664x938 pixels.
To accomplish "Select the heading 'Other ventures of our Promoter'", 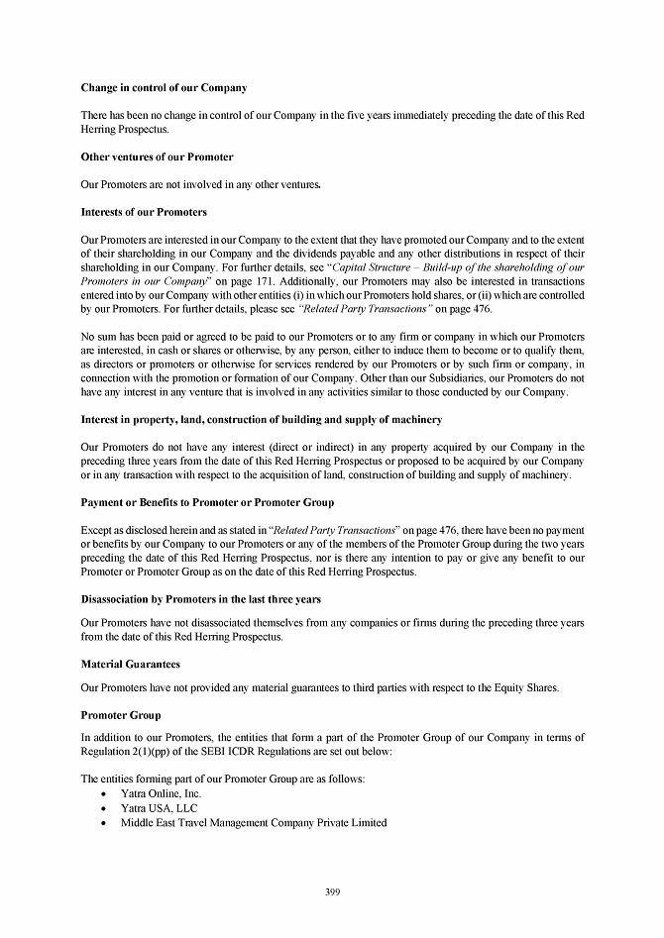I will [157, 156].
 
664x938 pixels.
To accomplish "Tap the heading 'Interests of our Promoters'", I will [144, 211].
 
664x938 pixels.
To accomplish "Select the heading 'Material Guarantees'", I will [130, 664].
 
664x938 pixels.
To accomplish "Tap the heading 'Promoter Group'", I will [120, 714].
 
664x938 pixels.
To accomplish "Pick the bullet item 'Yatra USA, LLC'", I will [159, 808].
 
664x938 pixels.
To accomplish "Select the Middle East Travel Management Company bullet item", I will [254, 822].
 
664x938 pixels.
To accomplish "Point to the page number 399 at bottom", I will [332, 892].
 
